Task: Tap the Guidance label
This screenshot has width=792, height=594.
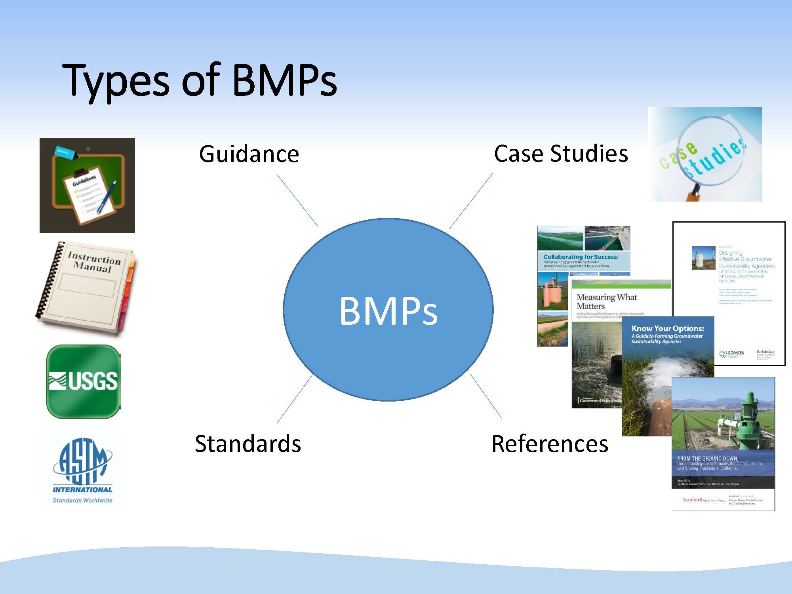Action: tap(249, 154)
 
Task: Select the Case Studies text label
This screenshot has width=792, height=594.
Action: tap(561, 154)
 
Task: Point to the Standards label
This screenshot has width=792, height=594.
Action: tap(248, 444)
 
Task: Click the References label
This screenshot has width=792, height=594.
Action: tap(550, 444)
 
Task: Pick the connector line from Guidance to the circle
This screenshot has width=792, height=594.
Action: tap(297, 200)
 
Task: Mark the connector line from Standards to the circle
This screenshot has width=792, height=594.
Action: tap(295, 398)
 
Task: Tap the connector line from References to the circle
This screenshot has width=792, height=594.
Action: tap(486, 396)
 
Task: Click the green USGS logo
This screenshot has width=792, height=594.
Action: tap(83, 381)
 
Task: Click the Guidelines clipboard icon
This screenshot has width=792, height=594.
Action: tap(87, 185)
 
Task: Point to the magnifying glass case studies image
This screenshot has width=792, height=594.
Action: tap(705, 154)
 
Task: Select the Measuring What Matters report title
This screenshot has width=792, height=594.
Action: tap(606, 301)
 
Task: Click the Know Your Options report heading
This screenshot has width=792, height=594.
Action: tap(668, 328)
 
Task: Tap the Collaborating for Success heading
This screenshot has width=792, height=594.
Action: tap(581, 257)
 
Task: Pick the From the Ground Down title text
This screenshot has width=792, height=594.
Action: tap(707, 459)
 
